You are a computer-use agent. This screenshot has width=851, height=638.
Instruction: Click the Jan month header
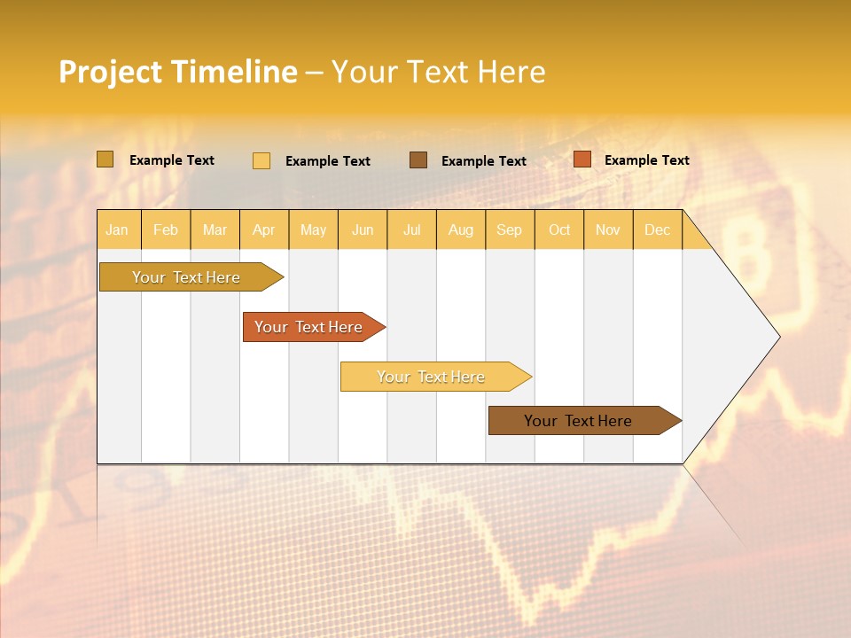[x=118, y=230]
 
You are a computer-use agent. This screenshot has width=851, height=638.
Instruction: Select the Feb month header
[x=166, y=230]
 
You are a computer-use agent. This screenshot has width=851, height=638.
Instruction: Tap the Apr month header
[x=264, y=230]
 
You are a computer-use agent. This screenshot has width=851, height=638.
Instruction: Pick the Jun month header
[x=363, y=230]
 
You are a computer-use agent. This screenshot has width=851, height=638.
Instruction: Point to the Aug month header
[x=461, y=230]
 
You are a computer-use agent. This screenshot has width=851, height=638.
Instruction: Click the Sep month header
[x=510, y=230]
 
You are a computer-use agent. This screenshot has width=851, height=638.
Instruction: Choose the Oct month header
[x=559, y=230]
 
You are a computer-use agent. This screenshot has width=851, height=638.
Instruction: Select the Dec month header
[x=658, y=230]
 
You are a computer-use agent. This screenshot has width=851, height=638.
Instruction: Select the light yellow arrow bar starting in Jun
[x=432, y=377]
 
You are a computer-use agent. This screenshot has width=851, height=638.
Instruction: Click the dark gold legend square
[x=105, y=159]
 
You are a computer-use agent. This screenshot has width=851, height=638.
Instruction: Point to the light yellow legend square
[x=262, y=160]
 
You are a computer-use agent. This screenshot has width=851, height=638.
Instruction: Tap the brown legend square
[x=418, y=159]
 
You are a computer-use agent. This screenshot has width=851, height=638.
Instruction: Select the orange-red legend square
[x=582, y=159]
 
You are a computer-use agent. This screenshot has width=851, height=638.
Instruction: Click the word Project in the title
[x=110, y=73]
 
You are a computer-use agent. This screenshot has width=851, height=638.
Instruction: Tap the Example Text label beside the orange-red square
[x=646, y=160]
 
